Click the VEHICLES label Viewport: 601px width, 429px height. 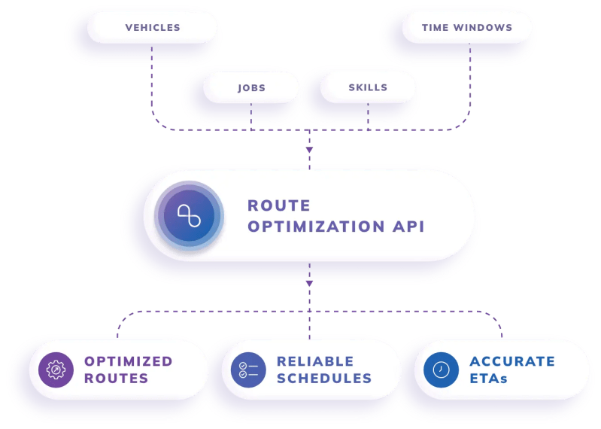point(153,28)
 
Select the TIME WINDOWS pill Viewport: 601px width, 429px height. point(466,28)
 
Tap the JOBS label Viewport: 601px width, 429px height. point(251,87)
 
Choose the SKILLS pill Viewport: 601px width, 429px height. point(368,87)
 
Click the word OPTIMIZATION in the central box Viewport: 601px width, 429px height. point(325,227)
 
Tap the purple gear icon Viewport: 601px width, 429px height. point(56,370)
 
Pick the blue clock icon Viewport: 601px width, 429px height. point(441,370)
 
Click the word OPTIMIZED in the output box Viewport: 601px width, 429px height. point(128,361)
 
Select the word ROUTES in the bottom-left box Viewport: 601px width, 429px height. point(116,378)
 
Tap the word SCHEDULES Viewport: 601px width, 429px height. point(324,378)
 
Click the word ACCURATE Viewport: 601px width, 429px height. point(512,361)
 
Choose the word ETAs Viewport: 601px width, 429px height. point(489,378)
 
